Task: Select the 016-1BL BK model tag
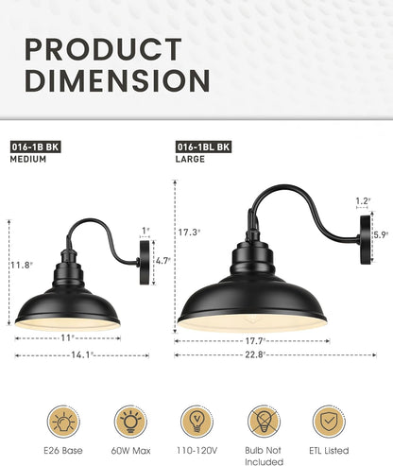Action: [201, 147]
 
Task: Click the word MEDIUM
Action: [29, 160]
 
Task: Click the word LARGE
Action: [190, 160]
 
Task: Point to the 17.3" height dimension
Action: [187, 231]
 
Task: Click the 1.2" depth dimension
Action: [362, 201]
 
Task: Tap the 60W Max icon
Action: [129, 421]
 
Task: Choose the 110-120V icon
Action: [196, 421]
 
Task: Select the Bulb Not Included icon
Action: [264, 421]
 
